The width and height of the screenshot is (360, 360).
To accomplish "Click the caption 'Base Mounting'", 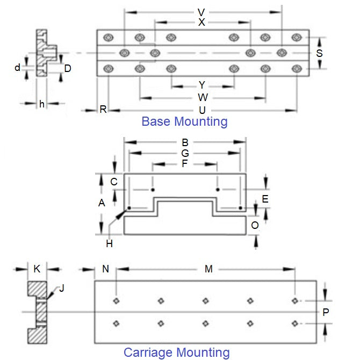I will coord(184,121).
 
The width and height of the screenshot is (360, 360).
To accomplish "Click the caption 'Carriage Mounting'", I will coord(176,352).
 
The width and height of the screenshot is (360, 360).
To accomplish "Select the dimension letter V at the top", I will coord(201,12).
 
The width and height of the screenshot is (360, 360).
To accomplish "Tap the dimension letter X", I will coord(201,23).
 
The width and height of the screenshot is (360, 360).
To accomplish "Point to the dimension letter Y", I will coord(202,85).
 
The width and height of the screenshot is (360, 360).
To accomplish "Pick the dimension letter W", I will coord(202,97).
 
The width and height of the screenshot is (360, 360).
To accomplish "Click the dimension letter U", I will coord(202,110).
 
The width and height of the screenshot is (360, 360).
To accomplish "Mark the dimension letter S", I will coord(319,53).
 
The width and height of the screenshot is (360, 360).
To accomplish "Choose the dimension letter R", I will coord(103,110).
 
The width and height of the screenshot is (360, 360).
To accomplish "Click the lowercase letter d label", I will coord(17,68).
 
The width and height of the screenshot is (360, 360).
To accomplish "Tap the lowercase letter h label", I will coord(41,104).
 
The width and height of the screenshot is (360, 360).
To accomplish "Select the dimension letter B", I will coord(185,142).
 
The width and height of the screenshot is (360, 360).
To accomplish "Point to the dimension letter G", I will coord(185,153).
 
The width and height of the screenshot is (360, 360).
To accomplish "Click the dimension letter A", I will coord(101,203).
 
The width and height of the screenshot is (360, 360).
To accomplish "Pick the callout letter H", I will coord(109,243).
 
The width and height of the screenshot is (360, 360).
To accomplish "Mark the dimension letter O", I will coord(255,226).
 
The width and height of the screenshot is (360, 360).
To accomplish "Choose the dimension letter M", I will coord(208,269).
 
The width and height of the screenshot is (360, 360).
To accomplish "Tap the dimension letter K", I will coord(37,269).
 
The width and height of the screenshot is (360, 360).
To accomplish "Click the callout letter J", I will coord(61,288).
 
